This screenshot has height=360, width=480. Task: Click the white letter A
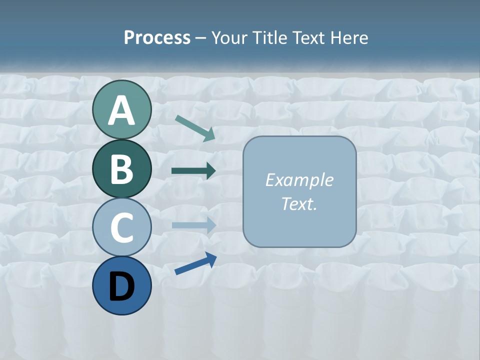[121, 111]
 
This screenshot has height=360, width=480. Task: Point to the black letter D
[121, 286]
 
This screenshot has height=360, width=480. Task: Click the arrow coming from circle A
[195, 127]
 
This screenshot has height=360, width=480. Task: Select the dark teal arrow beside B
[193, 171]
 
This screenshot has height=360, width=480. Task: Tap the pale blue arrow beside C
[193, 225]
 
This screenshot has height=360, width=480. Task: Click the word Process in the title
[157, 38]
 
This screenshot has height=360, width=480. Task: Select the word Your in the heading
[230, 38]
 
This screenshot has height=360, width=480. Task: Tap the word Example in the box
[299, 180]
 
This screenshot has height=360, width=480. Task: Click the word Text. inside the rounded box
[299, 203]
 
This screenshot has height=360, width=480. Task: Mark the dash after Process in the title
[200, 38]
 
